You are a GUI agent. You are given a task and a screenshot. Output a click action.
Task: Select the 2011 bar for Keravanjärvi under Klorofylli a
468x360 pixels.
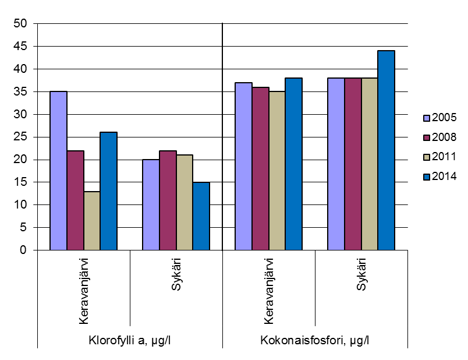92,221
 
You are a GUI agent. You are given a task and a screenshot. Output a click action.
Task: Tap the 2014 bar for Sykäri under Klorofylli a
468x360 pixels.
201,216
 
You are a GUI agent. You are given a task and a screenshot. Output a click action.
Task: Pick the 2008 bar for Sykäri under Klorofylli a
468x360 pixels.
168,200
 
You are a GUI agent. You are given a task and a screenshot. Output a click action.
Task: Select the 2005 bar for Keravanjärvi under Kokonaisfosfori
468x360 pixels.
243,166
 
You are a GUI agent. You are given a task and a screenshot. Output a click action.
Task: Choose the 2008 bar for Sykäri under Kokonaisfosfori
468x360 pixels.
352,164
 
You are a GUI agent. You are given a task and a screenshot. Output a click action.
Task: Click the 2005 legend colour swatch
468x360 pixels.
427,118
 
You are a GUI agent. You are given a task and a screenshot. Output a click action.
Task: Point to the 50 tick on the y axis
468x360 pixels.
20,24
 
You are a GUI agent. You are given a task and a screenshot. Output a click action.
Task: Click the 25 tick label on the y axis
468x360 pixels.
20,137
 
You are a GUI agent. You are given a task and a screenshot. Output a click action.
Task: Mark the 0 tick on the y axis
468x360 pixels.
23,250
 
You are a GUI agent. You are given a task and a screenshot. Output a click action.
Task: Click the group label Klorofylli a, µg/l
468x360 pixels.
130,340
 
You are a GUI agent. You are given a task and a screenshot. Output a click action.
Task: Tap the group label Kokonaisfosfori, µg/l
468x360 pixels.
315,340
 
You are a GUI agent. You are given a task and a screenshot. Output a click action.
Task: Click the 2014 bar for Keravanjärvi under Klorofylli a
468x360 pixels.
109,191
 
